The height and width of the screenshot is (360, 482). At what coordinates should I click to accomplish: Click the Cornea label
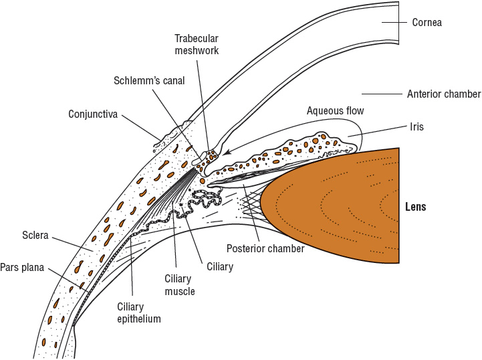coord(427,23)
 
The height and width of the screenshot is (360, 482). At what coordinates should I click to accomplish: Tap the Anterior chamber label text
coord(444,94)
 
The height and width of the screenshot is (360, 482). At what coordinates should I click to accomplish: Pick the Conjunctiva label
coord(93,114)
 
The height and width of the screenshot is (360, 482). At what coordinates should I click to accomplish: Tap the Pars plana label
coord(22,268)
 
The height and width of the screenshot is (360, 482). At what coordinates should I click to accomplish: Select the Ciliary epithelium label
coord(139,312)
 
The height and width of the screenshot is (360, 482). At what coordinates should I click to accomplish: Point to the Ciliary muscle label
coord(179,284)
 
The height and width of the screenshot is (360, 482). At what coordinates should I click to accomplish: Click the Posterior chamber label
coord(265,249)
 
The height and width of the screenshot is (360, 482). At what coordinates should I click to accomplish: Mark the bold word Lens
coord(415,207)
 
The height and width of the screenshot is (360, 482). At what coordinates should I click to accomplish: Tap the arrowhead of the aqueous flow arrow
coord(226,153)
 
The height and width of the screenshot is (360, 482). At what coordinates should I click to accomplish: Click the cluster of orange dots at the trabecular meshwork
coord(211,157)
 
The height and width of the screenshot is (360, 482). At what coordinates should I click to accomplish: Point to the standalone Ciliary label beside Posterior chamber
coord(220,267)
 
